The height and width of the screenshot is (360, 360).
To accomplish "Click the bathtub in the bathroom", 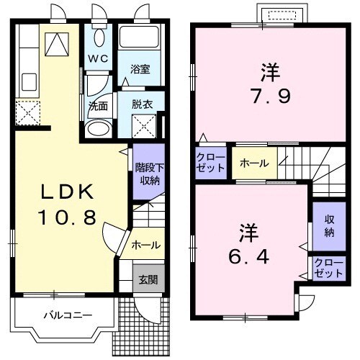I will point(139,40).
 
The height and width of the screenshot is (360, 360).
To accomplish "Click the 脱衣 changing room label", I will point(140,104).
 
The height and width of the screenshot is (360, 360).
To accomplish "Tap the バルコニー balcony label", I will point(66,315).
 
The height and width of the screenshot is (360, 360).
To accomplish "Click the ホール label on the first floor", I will point(145,246).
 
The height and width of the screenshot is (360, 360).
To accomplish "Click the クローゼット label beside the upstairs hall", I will point(211,163).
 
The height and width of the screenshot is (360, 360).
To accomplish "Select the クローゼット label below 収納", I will point(328,269).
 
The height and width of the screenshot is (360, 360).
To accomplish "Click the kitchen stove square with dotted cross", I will point(30,113).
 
